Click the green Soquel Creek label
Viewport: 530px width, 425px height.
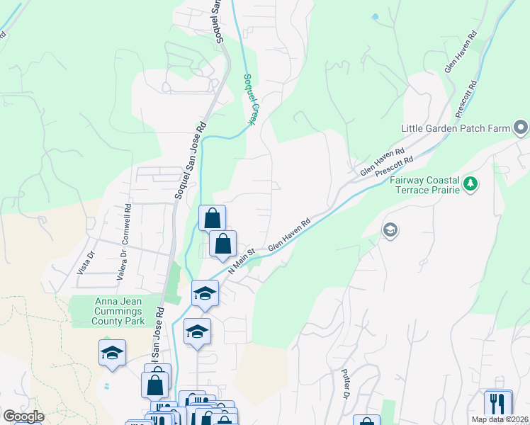(249, 100)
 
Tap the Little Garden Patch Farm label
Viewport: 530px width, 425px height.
(456, 128)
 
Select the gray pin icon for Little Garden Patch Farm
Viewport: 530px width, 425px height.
(521, 127)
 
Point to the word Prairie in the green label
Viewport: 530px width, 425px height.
(443, 191)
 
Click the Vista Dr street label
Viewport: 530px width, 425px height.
(84, 263)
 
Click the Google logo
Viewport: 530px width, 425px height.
(23, 416)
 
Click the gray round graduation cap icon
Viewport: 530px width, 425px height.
(390, 230)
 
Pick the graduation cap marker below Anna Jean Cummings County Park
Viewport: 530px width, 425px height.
(112, 353)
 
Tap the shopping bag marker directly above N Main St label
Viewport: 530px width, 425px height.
(222, 244)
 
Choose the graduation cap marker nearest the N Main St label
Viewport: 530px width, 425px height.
(205, 293)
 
